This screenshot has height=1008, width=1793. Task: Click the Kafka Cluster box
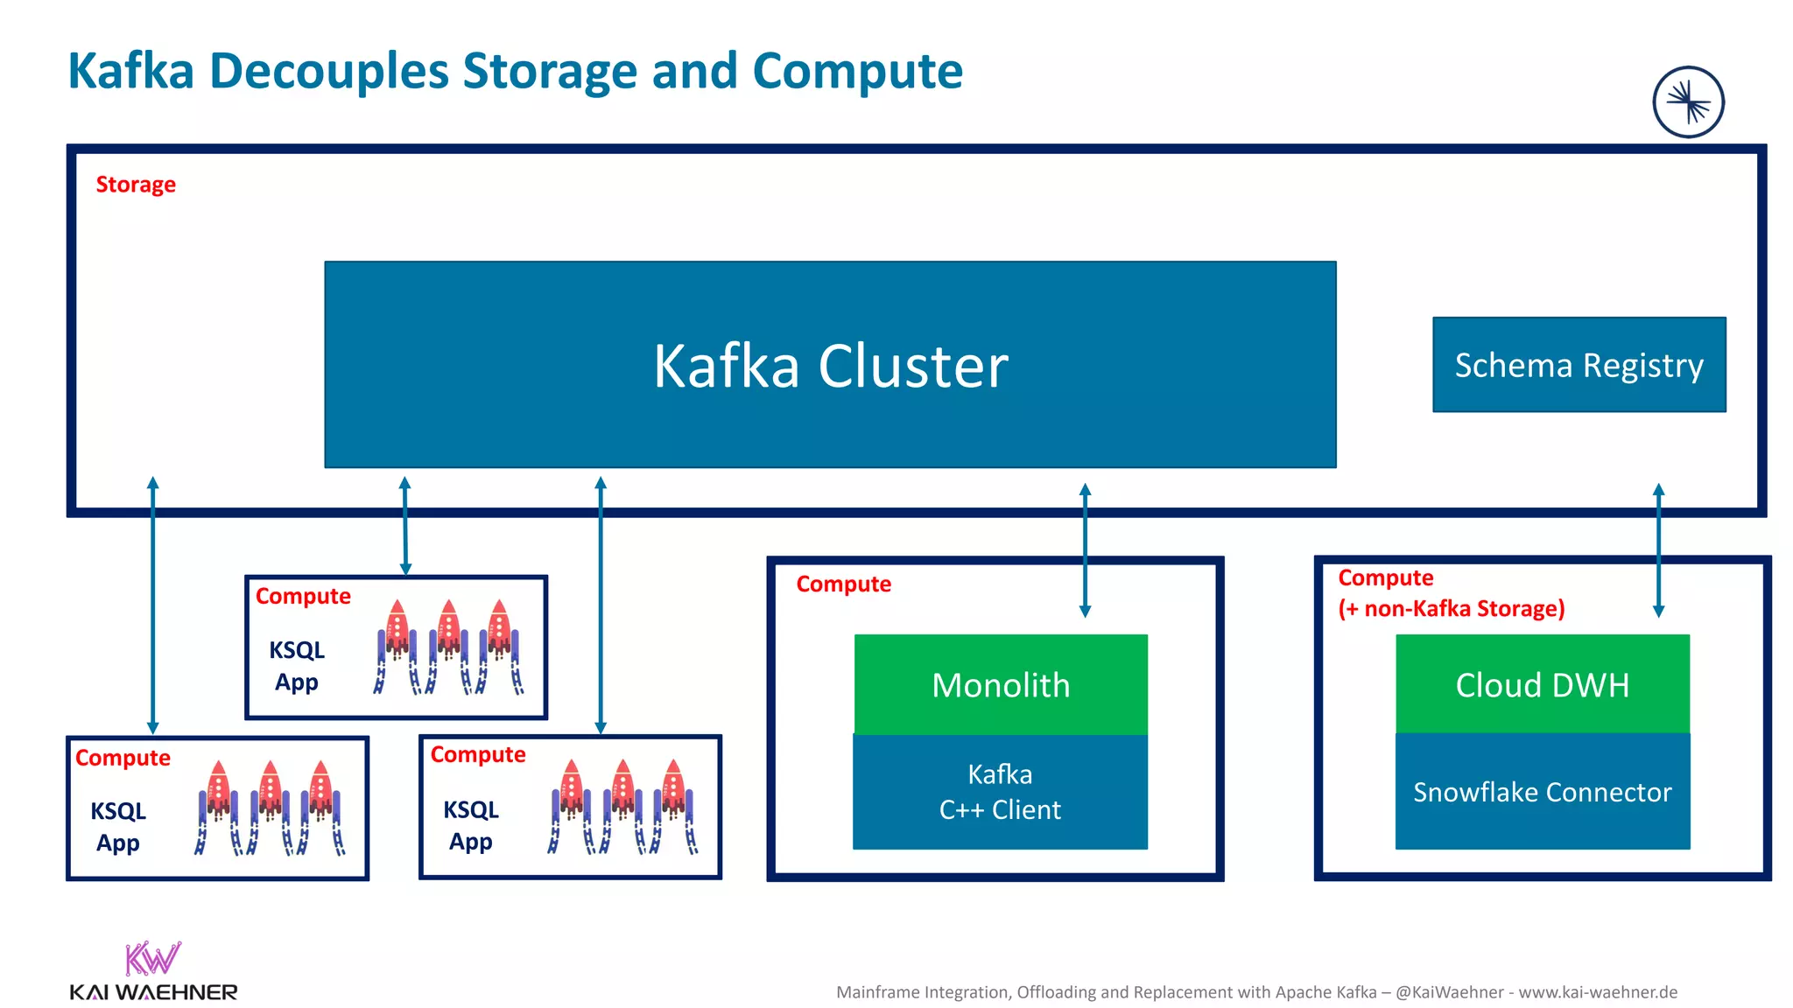pos(830,364)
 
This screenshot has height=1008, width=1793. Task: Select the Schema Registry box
pos(1579,364)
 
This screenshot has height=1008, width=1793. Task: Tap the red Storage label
pos(136,185)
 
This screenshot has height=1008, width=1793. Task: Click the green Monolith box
pos(1001,684)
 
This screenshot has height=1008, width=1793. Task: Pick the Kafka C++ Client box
pos(1000,792)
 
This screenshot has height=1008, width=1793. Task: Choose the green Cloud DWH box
pos(1542,684)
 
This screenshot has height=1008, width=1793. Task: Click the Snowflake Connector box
pos(1542,792)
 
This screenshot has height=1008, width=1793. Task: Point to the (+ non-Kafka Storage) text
pos(1451,608)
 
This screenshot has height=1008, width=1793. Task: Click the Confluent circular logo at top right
pos(1688,102)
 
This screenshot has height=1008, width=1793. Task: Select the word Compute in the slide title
pos(857,72)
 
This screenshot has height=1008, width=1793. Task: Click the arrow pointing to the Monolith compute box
pos(1085,551)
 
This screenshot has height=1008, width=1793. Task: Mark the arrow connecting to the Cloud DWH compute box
pos(1657,551)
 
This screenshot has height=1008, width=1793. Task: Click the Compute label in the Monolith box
pos(843,584)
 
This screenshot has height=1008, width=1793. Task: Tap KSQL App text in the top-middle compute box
pos(297,666)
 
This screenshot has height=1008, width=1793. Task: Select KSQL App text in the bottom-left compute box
pos(118,827)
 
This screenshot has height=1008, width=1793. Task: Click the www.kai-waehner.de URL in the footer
pos(1598,992)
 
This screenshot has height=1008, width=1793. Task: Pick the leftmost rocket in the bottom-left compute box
pos(218,805)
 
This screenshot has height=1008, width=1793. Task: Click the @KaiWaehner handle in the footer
pos(1449,992)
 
